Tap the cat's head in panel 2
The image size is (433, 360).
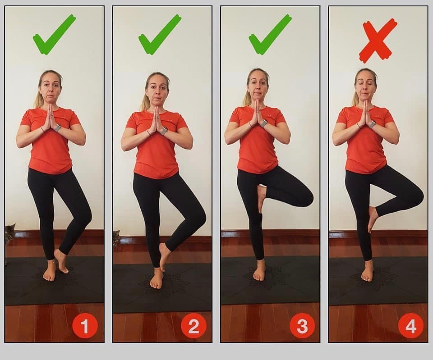116,236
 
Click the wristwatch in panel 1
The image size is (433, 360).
57,128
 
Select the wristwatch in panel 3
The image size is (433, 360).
264,123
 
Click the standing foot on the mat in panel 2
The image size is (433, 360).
157,279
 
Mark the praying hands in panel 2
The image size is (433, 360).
157,121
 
